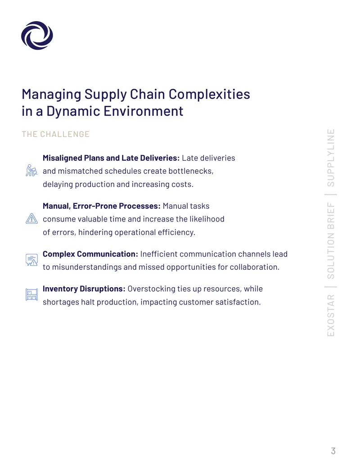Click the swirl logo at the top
point(37,36)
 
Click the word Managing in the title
point(51,95)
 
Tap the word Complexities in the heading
point(209,95)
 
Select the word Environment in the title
point(144,111)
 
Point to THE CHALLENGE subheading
point(55,134)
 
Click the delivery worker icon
point(31,171)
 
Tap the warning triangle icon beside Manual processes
point(31,218)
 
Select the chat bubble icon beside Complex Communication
point(31,260)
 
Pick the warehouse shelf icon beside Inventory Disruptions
point(31,294)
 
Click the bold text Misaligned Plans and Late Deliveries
point(111,158)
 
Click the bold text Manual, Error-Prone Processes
point(102,206)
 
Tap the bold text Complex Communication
point(90,254)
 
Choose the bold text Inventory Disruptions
point(84,289)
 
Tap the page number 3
point(333,451)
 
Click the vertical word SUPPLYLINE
point(331,158)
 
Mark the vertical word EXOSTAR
point(331,315)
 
